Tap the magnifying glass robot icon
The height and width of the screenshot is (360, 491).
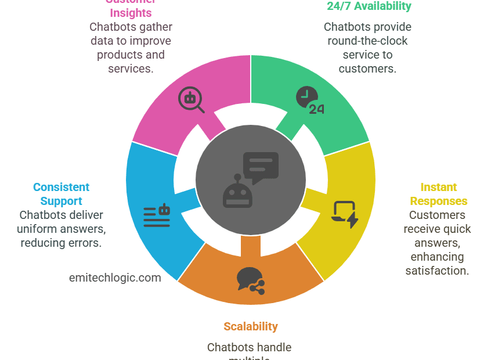[x=191, y=99]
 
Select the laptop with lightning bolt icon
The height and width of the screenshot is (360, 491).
[x=344, y=214]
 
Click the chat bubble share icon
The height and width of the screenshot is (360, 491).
[x=250, y=280]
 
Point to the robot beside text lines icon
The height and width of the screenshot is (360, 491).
[x=157, y=216]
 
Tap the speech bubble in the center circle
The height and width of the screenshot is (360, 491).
[x=260, y=167]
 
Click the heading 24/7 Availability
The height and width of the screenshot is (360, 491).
[x=369, y=6]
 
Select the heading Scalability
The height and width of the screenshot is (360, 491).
[x=251, y=326]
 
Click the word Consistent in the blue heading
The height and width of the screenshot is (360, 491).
[x=61, y=187]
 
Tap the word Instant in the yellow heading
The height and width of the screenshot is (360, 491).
[x=438, y=187]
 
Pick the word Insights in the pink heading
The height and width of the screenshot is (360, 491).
[x=131, y=13]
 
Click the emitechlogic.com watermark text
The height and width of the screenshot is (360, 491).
[x=115, y=278]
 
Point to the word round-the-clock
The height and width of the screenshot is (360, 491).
[x=367, y=41]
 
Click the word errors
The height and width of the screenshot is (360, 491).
[x=86, y=243]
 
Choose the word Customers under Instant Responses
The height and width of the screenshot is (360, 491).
[x=437, y=215]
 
